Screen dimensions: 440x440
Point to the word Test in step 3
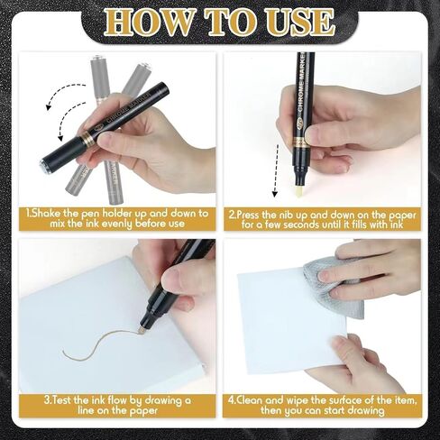click(x=63, y=400)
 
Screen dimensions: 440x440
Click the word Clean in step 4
click(x=251, y=400)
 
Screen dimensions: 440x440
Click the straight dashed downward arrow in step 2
click(x=276, y=170)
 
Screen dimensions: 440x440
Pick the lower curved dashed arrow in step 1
click(x=67, y=119)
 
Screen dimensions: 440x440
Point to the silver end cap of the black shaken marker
click(x=43, y=165)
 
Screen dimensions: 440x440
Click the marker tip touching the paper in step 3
click(x=141, y=331)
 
